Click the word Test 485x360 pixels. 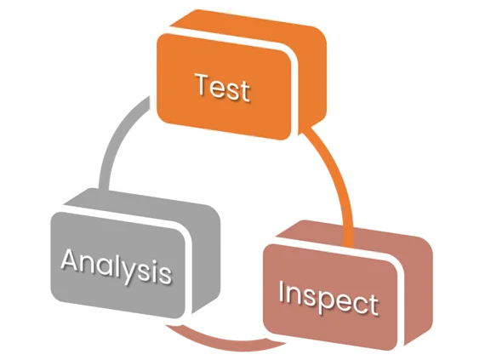tap(223, 87)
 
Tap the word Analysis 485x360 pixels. tap(117, 266)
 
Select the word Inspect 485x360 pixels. tap(328, 298)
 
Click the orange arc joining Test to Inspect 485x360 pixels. tap(337, 180)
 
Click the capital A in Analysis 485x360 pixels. tap(71, 260)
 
